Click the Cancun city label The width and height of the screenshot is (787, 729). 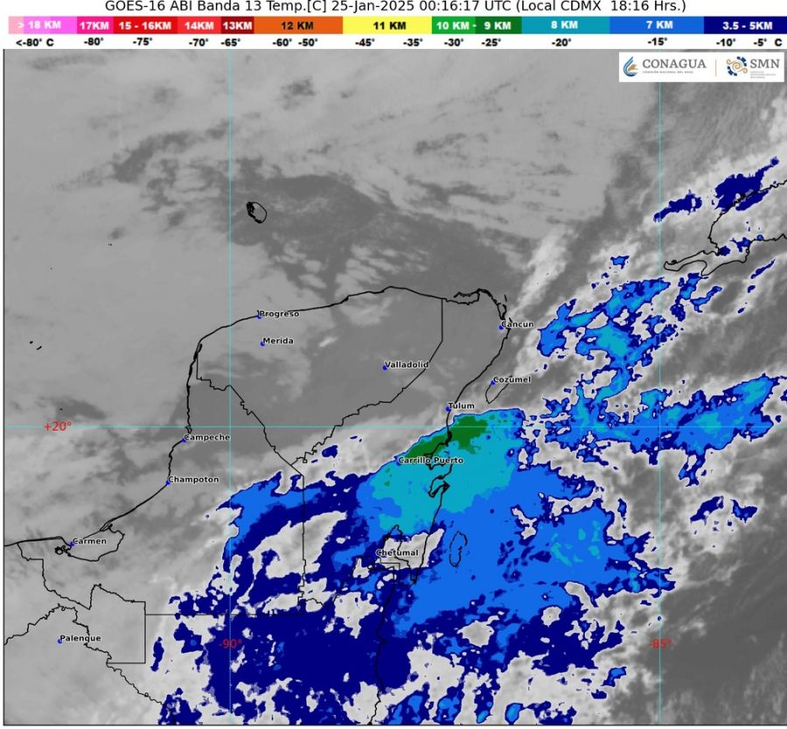[518, 325]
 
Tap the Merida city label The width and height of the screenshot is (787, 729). [278, 340]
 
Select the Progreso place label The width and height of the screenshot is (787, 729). [279, 313]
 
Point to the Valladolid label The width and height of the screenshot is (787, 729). [406, 365]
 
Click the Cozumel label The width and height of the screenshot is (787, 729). [512, 380]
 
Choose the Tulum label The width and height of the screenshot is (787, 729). [461, 406]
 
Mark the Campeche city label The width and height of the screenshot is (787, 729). [208, 437]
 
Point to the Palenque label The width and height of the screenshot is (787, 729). [80, 638]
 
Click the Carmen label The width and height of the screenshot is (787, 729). [90, 541]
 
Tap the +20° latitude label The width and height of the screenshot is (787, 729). [58, 427]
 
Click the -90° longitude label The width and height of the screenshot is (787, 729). [230, 644]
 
